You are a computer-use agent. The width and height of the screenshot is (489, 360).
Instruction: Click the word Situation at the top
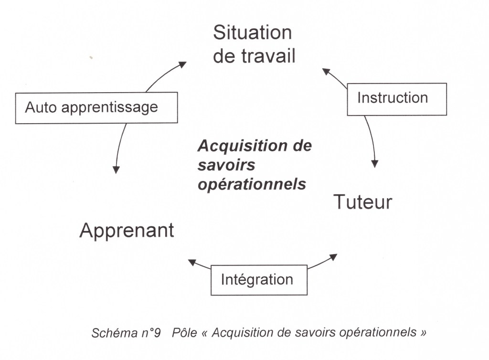[252, 33]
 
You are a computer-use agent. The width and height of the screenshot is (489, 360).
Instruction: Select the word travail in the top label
[267, 56]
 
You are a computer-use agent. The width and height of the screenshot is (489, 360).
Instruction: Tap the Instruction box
[396, 99]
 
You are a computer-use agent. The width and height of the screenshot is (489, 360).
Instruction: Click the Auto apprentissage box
[96, 107]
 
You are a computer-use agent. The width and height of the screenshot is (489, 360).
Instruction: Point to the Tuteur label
[362, 202]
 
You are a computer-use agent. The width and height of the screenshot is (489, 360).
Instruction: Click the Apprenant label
[127, 231]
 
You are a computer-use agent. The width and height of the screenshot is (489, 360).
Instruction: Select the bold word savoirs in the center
[226, 165]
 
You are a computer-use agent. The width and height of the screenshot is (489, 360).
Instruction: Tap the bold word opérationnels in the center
[252, 184]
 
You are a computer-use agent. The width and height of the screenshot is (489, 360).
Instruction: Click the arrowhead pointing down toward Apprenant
[116, 169]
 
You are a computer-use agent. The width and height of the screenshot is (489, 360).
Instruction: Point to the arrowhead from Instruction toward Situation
[327, 72]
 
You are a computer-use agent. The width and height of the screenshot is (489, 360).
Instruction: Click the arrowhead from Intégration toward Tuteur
[333, 257]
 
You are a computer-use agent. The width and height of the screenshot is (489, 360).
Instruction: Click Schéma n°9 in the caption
[126, 333]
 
